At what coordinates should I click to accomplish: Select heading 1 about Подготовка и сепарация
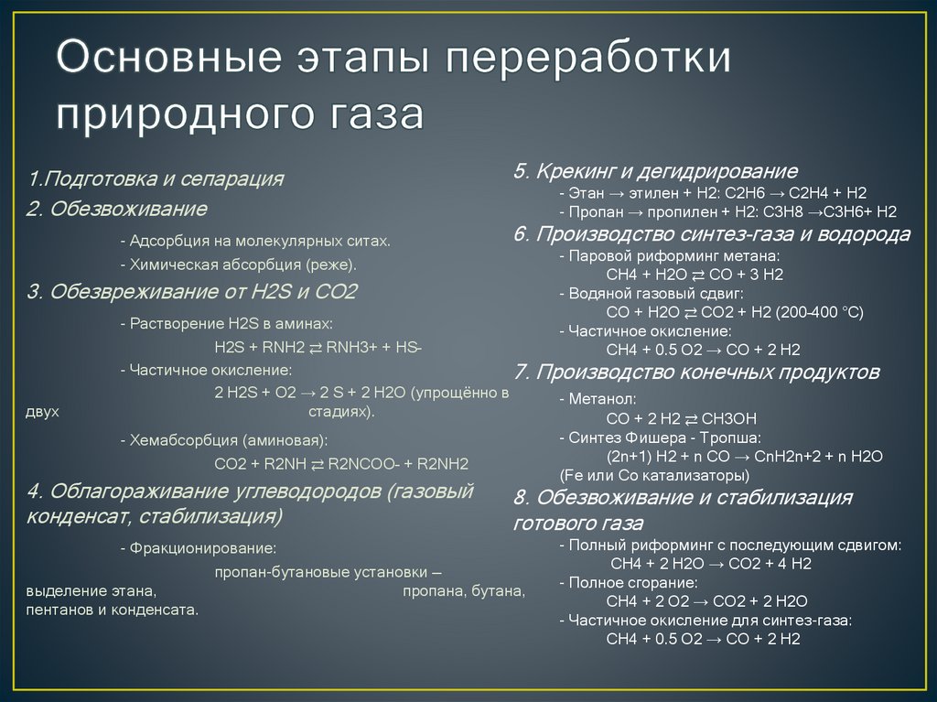pos(156,178)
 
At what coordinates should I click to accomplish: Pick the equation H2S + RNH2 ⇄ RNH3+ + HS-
pos(318,348)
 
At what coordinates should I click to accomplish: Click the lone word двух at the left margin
pos(43,412)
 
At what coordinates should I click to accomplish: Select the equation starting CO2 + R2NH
pos(341,462)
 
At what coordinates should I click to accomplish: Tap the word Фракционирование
pos(202,548)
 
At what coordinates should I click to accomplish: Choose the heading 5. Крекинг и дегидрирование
pos(655,171)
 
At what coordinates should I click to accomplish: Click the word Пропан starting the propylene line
pos(591,211)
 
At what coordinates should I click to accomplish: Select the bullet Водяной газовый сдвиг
pos(655,294)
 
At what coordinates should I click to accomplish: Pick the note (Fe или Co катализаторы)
pos(653,476)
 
